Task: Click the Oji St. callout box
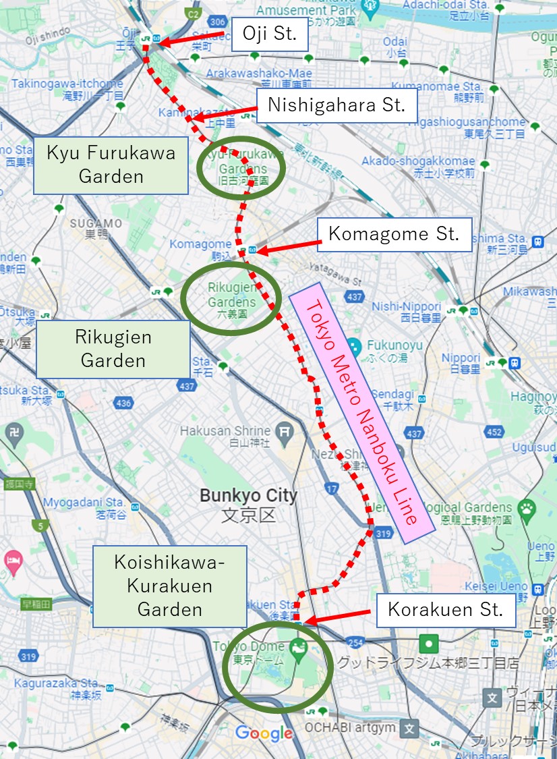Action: point(270,34)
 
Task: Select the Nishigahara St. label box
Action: point(336,105)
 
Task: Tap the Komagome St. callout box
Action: point(394,234)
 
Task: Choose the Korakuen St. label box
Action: point(445,611)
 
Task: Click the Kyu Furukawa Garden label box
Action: point(111,164)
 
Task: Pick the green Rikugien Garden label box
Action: point(113,348)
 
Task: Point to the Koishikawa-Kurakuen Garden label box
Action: point(170,586)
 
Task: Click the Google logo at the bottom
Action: point(264,733)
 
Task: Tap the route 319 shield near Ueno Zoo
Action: point(382,533)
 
